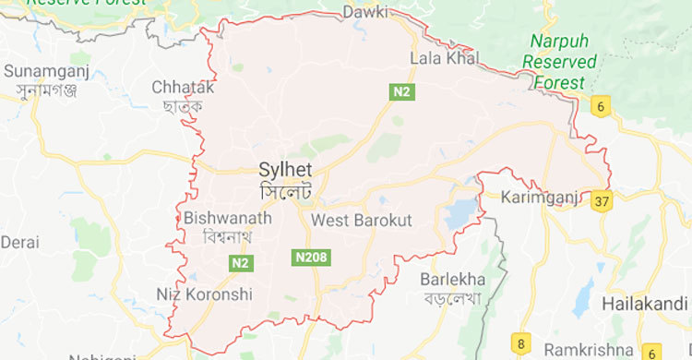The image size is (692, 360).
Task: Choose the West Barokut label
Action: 361,221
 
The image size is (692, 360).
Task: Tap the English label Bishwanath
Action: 227,219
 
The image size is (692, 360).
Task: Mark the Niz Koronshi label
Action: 204,294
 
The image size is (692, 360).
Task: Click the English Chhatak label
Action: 182,87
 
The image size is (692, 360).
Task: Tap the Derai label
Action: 19,242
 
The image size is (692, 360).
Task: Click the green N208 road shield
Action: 313,257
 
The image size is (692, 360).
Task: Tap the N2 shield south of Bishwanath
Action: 239,264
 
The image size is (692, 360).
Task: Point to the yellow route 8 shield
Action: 522,344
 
